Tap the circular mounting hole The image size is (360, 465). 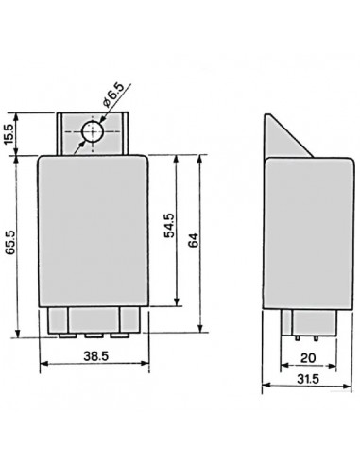(91, 133)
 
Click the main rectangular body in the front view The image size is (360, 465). (91, 232)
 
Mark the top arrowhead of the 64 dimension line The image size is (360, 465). (199, 156)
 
